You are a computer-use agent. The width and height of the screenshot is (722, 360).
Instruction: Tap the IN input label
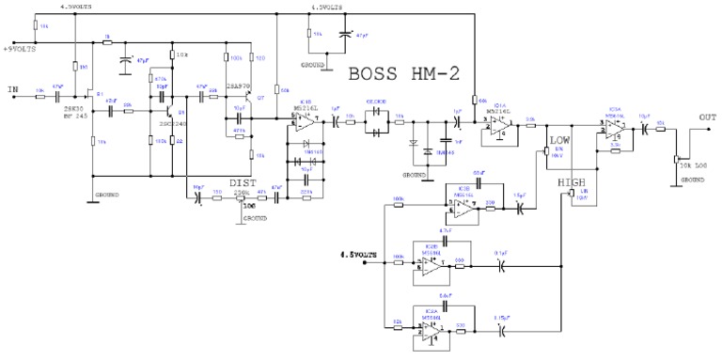[x=12, y=90]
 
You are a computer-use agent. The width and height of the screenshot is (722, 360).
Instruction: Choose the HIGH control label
[x=573, y=180]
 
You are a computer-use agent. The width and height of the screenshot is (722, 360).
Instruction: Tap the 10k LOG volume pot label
[x=691, y=165]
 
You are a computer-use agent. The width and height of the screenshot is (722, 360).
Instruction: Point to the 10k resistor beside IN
[x=39, y=95]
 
